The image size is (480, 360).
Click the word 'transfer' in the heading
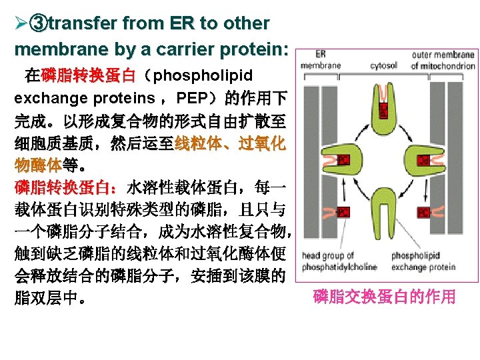point(83,23)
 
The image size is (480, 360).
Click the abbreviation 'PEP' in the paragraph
point(194,99)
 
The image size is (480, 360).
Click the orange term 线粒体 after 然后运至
point(197,144)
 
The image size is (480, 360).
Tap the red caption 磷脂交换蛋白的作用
point(384,297)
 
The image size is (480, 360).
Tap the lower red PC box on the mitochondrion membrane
point(423,212)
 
